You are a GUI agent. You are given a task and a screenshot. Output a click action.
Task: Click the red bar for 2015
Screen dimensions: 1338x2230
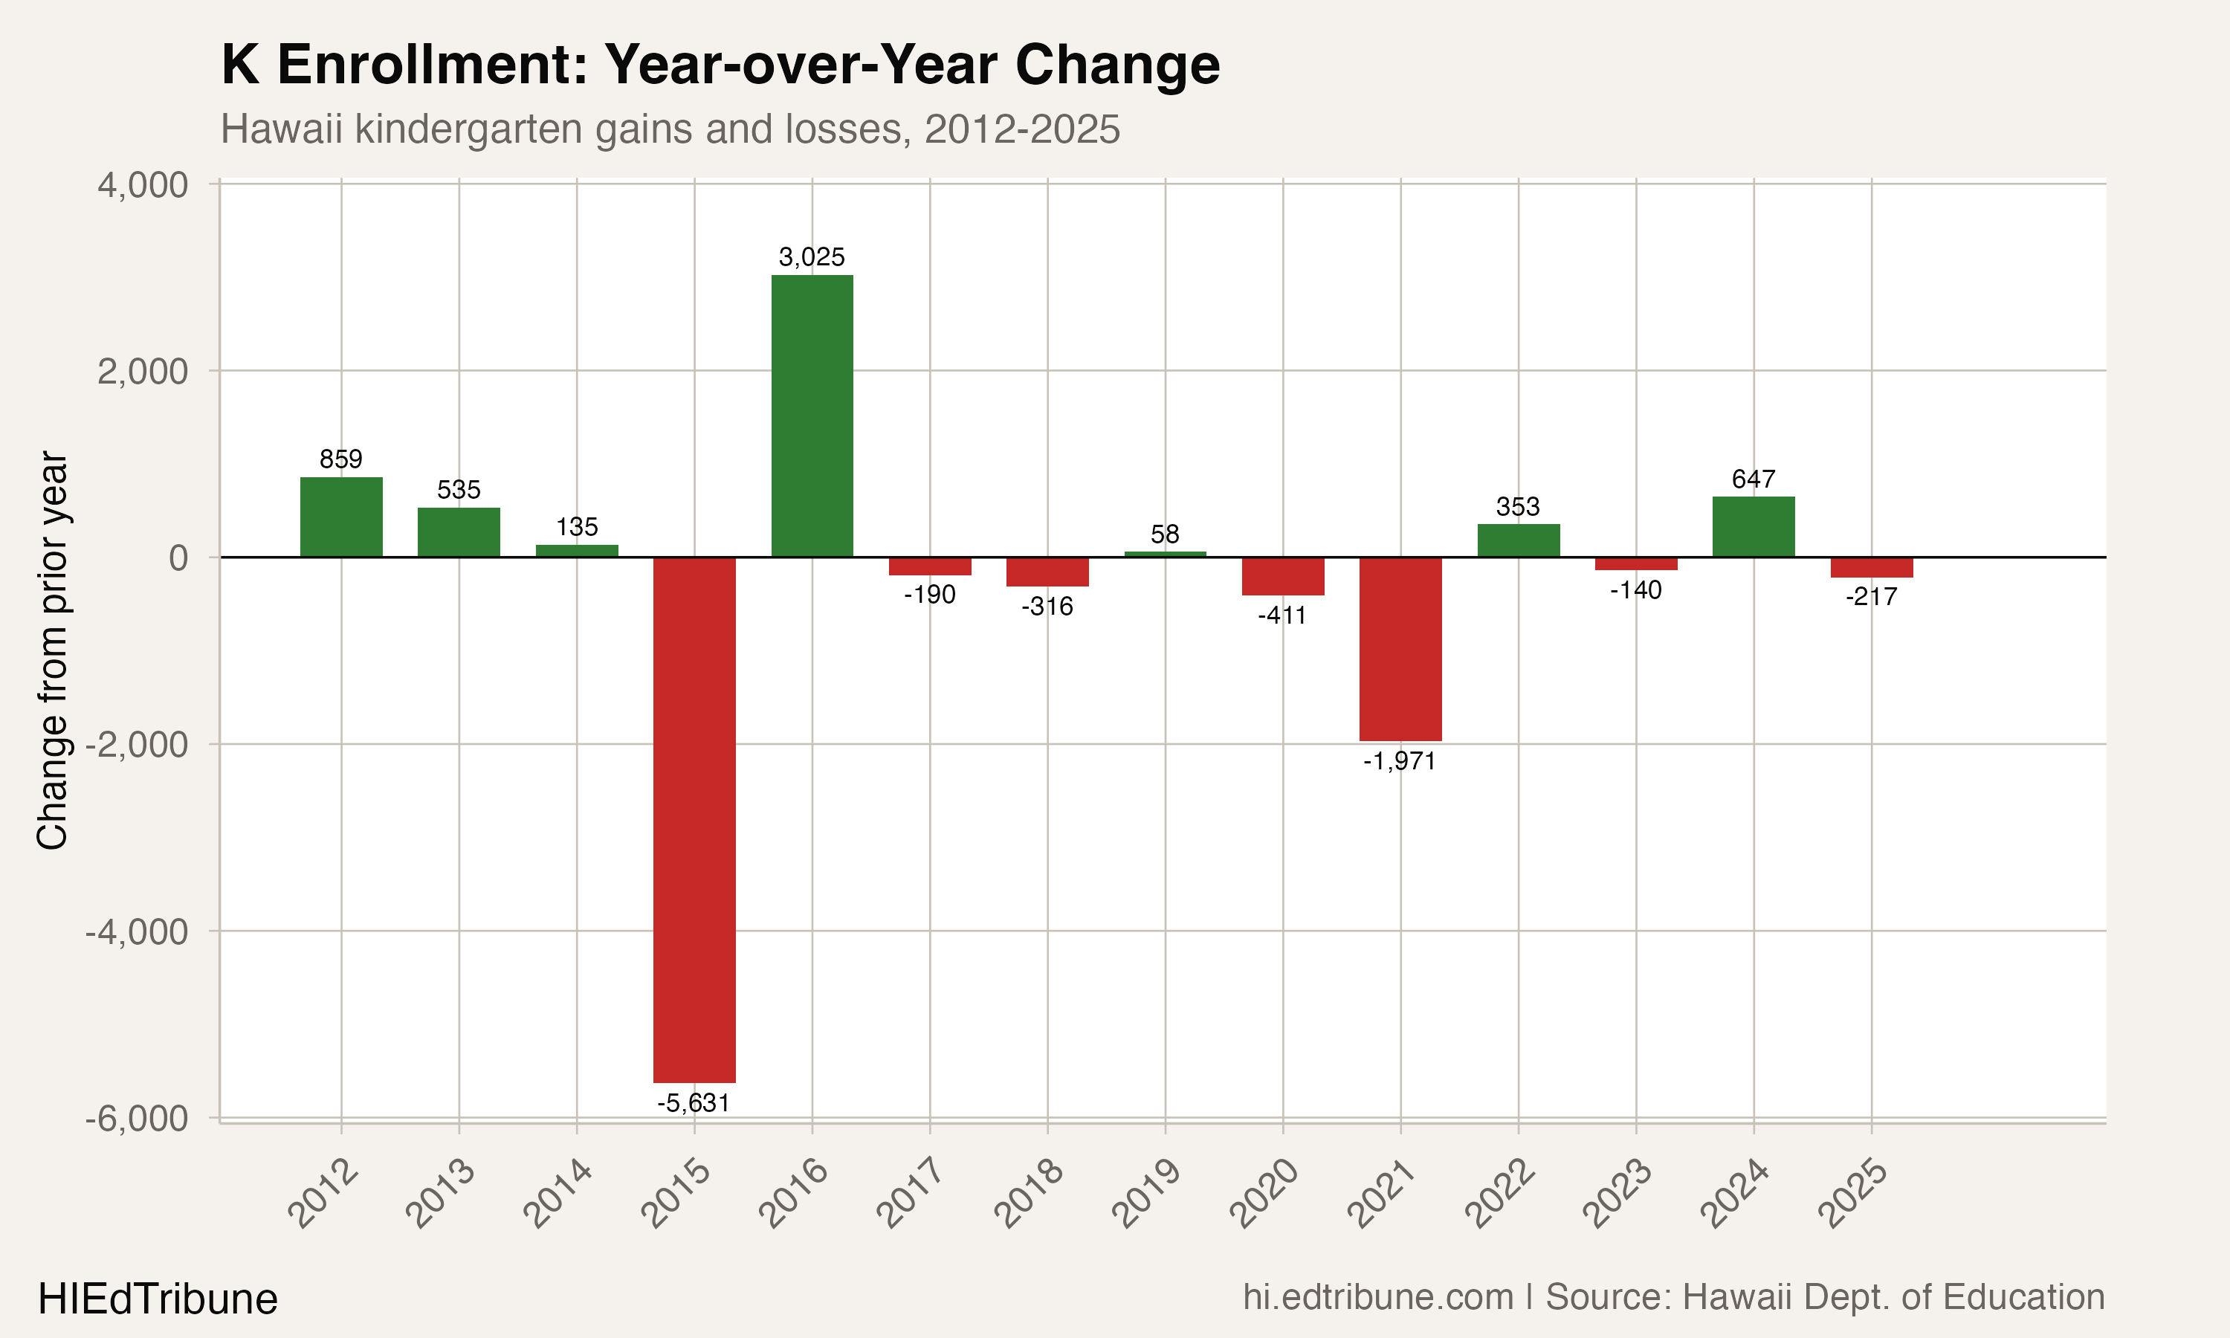pyautogui.click(x=694, y=818)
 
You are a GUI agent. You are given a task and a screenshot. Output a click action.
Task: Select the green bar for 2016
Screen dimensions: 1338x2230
pyautogui.click(x=812, y=416)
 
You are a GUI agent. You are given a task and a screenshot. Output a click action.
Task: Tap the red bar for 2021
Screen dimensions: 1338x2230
pyautogui.click(x=1400, y=648)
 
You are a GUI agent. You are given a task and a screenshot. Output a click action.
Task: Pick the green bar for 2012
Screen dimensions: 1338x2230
pyautogui.click(x=340, y=517)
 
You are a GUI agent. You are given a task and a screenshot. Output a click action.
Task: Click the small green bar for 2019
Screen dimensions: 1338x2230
pyautogui.click(x=1165, y=554)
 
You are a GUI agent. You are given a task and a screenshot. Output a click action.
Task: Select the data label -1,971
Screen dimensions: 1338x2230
pyautogui.click(x=1399, y=761)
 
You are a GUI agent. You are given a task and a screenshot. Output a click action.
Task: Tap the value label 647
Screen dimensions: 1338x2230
pyautogui.click(x=1754, y=479)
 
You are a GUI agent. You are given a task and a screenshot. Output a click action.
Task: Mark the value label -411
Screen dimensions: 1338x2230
pyautogui.click(x=1282, y=615)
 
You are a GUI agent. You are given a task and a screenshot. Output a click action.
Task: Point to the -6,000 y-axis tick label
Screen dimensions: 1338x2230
pyautogui.click(x=136, y=1118)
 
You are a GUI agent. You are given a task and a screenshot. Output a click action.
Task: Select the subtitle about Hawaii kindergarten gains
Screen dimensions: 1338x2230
pyautogui.click(x=670, y=129)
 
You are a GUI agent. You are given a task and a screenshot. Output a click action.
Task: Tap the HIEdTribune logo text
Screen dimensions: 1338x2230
pyautogui.click(x=158, y=1299)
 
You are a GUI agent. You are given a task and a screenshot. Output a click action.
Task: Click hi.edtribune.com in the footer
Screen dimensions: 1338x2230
pyautogui.click(x=1378, y=1296)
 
